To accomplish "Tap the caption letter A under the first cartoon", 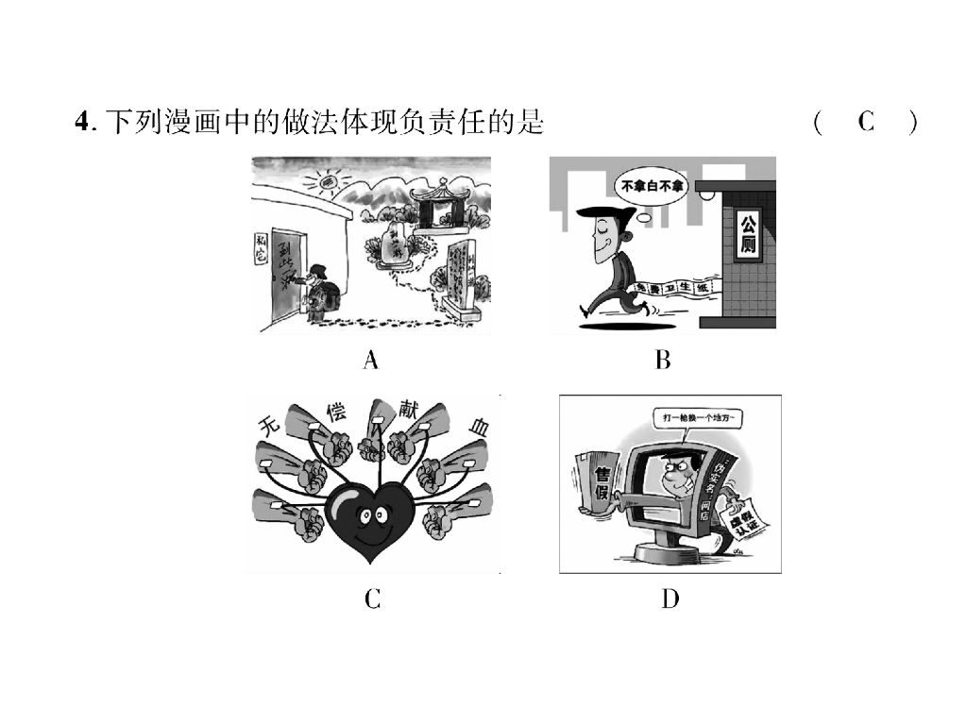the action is pyautogui.click(x=370, y=360).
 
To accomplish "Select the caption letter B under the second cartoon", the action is pyautogui.click(x=662, y=360).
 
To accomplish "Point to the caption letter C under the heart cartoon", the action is pyautogui.click(x=372, y=599).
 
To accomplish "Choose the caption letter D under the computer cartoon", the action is pyautogui.click(x=670, y=599).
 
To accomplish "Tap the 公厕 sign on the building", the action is pyautogui.click(x=748, y=237).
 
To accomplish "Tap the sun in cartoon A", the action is pyautogui.click(x=328, y=178).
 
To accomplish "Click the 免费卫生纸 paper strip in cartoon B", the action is pyautogui.click(x=671, y=286).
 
